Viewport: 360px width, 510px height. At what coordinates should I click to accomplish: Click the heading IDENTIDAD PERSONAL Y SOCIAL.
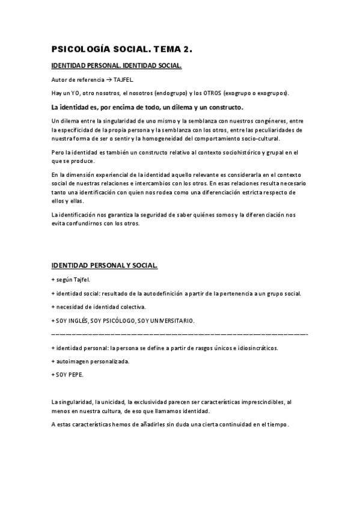pyautogui.click(x=105, y=265)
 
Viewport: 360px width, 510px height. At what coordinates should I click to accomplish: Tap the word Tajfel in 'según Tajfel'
pyautogui.click(x=82, y=280)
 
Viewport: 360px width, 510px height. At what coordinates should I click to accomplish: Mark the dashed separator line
pyautogui.click(x=180, y=333)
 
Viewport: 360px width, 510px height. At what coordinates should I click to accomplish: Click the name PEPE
pyautogui.click(x=76, y=375)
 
